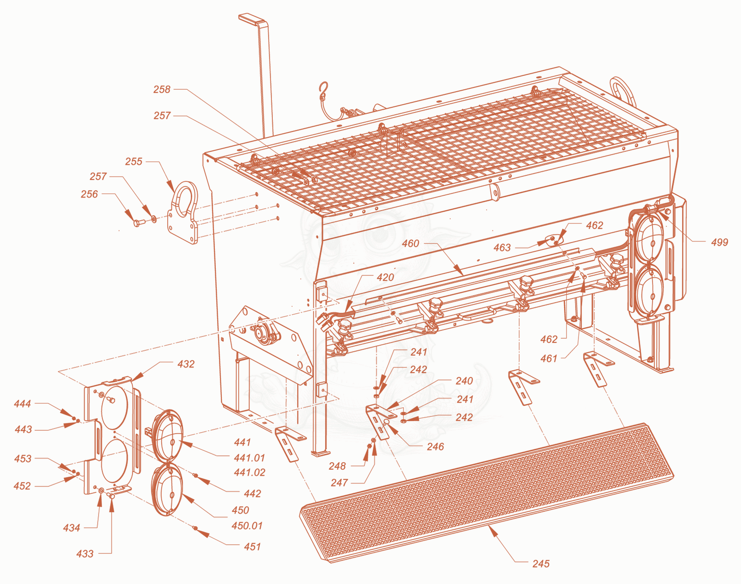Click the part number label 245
tap(541, 564)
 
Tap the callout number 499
tap(720, 242)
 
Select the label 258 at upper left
tap(162, 89)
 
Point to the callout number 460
tap(410, 244)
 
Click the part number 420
tap(385, 277)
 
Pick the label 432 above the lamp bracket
tap(186, 364)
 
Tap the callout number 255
tap(133, 162)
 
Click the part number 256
tap(89, 194)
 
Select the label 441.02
tap(250, 472)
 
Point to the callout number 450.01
tap(247, 526)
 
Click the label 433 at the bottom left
tap(85, 554)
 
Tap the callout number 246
tap(435, 447)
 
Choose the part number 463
tap(502, 248)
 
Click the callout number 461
tap(548, 359)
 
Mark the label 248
tap(337, 466)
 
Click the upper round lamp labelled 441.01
tap(168, 435)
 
